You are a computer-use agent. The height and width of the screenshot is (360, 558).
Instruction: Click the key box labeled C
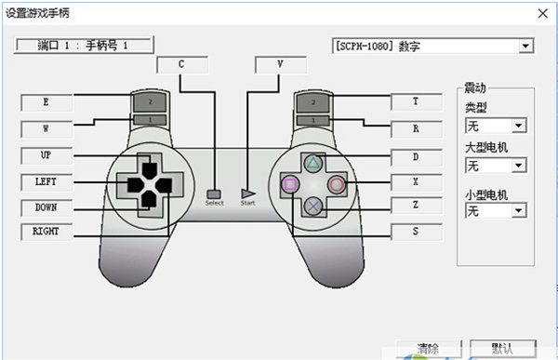(x=181, y=64)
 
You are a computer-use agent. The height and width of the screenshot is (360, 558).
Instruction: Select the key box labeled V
(x=281, y=64)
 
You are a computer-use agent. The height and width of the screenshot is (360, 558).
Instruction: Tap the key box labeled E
(x=46, y=101)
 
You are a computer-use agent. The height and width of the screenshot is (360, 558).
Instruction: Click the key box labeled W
(x=46, y=127)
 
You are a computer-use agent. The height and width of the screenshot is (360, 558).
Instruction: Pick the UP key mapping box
(x=46, y=154)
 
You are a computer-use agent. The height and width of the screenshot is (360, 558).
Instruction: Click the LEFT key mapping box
(x=46, y=180)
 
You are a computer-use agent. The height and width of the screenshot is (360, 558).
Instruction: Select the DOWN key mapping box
(x=46, y=207)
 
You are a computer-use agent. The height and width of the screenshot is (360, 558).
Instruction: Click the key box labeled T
(x=414, y=102)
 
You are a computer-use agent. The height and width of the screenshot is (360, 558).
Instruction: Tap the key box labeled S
(x=414, y=231)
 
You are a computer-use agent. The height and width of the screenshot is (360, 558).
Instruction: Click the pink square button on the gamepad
(x=290, y=184)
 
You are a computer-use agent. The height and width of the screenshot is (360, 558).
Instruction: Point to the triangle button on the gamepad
(x=314, y=162)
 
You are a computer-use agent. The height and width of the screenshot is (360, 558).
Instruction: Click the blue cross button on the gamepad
(x=314, y=207)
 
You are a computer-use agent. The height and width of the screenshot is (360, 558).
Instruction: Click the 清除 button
(x=429, y=350)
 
